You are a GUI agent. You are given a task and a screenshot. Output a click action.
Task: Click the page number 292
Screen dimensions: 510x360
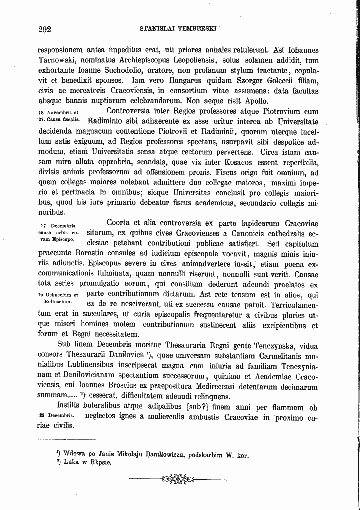[x=45, y=29]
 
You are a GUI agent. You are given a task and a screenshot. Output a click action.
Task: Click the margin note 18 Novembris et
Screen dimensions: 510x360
[x=56, y=112]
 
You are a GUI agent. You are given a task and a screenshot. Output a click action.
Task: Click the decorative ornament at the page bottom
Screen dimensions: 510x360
[x=178, y=480]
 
